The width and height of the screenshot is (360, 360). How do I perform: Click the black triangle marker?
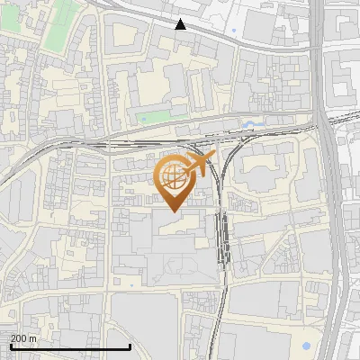click(x=181, y=24)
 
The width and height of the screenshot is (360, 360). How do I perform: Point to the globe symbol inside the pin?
click(x=173, y=176)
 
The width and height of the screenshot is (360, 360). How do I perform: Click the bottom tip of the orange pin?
click(x=173, y=211)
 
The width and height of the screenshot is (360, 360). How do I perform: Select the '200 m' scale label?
click(x=23, y=338)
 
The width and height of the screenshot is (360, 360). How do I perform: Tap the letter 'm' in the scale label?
click(x=32, y=338)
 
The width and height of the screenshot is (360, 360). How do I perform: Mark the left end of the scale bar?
click(x=10, y=346)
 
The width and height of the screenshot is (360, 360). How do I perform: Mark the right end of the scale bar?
click(x=131, y=346)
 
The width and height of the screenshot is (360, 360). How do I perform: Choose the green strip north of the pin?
click(x=153, y=117)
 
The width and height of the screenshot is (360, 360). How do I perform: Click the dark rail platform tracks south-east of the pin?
click(x=222, y=238)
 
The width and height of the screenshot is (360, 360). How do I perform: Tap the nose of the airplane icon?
click(x=214, y=155)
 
